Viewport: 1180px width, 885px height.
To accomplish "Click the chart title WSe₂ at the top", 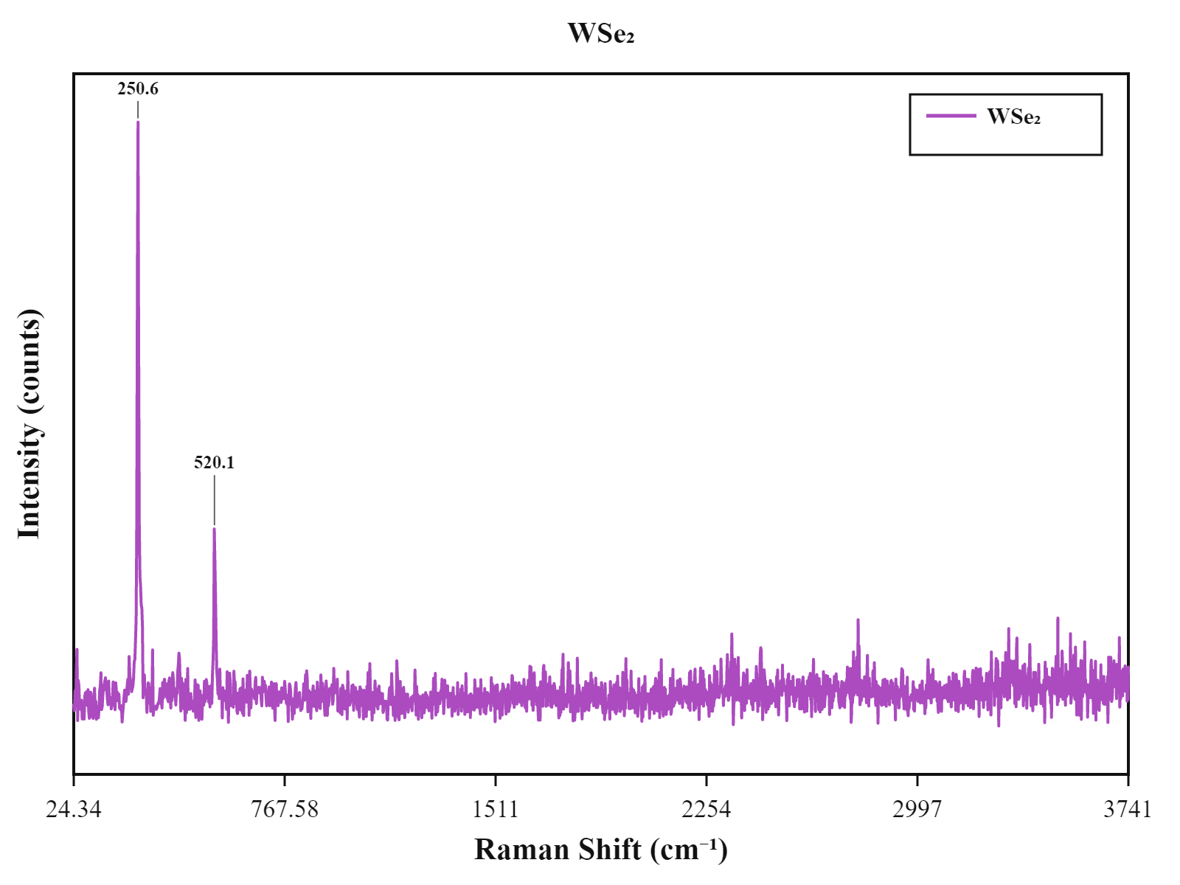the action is (600, 33).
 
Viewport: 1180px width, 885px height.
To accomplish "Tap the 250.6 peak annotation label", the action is (138, 88).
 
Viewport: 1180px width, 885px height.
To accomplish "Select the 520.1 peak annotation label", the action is (214, 462).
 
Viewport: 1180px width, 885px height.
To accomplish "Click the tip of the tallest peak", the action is (138, 122).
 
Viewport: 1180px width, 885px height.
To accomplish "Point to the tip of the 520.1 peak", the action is (214, 529).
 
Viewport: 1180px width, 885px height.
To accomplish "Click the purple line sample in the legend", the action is (951, 116).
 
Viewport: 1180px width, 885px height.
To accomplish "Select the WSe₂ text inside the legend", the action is (1013, 116).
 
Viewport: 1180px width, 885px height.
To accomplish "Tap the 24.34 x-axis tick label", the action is (74, 809).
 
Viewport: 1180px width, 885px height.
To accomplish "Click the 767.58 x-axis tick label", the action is (285, 809).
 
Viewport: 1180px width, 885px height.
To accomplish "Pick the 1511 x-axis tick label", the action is (495, 809).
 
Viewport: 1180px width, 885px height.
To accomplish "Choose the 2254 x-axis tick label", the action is (706, 809).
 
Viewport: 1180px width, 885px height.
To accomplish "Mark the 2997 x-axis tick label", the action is (917, 809).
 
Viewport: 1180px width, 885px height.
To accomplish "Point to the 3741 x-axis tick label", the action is (1128, 809).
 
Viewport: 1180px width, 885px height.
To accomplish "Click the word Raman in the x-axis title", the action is (521, 850).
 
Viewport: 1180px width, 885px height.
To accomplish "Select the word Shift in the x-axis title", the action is (610, 850).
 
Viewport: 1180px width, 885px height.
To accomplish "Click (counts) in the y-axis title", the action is (30, 362).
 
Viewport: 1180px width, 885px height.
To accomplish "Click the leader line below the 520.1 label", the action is (215, 500).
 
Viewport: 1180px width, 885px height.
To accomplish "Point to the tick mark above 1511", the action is (495, 781).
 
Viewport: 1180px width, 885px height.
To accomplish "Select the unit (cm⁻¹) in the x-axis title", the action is (689, 850).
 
